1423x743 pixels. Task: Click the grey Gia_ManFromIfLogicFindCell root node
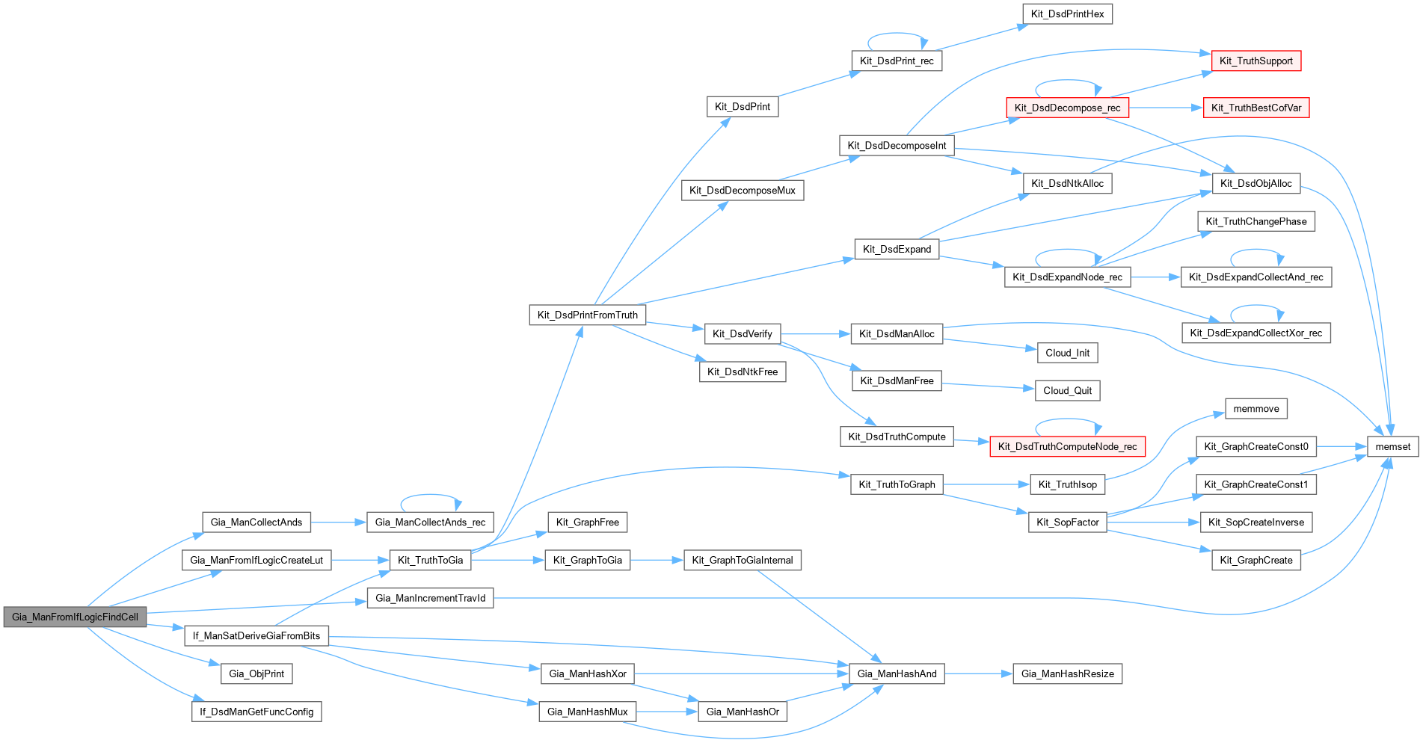coord(75,617)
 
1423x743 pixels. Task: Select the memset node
coord(1392,446)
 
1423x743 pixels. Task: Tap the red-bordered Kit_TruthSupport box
coord(1256,61)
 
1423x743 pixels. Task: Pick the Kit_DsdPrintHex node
coord(1067,13)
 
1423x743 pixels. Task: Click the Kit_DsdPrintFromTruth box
coord(587,315)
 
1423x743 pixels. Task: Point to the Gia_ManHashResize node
coord(1067,673)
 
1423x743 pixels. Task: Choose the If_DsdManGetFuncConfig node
coord(256,712)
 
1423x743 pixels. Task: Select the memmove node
coord(1256,408)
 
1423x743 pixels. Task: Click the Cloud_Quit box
coord(1067,390)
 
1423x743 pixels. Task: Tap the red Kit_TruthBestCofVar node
coord(1256,108)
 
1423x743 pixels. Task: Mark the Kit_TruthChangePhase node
coord(1256,221)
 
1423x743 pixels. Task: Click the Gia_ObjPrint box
coord(256,673)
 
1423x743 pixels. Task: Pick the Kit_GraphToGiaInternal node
coord(742,560)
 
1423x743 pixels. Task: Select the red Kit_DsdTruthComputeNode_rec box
coord(1067,446)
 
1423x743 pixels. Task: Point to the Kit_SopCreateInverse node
coord(1256,522)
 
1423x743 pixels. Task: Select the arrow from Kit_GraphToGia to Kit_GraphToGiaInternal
coord(657,560)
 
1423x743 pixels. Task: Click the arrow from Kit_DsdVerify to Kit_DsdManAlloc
coord(815,333)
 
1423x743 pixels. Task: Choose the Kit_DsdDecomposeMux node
coord(742,190)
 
